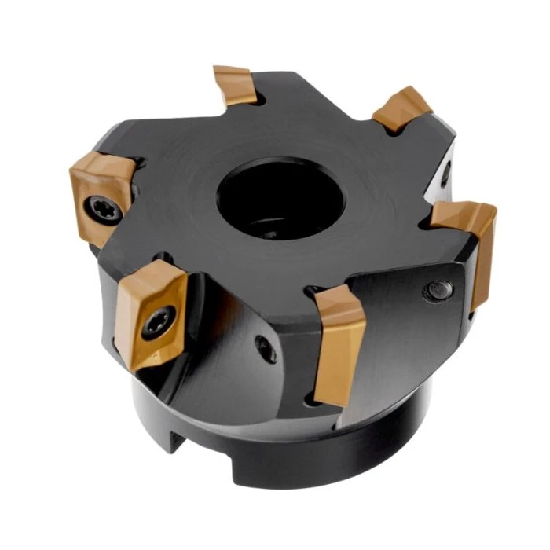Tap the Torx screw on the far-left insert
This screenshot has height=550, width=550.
[x=101, y=207]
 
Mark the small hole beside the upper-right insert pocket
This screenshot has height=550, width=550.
[x=445, y=173]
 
